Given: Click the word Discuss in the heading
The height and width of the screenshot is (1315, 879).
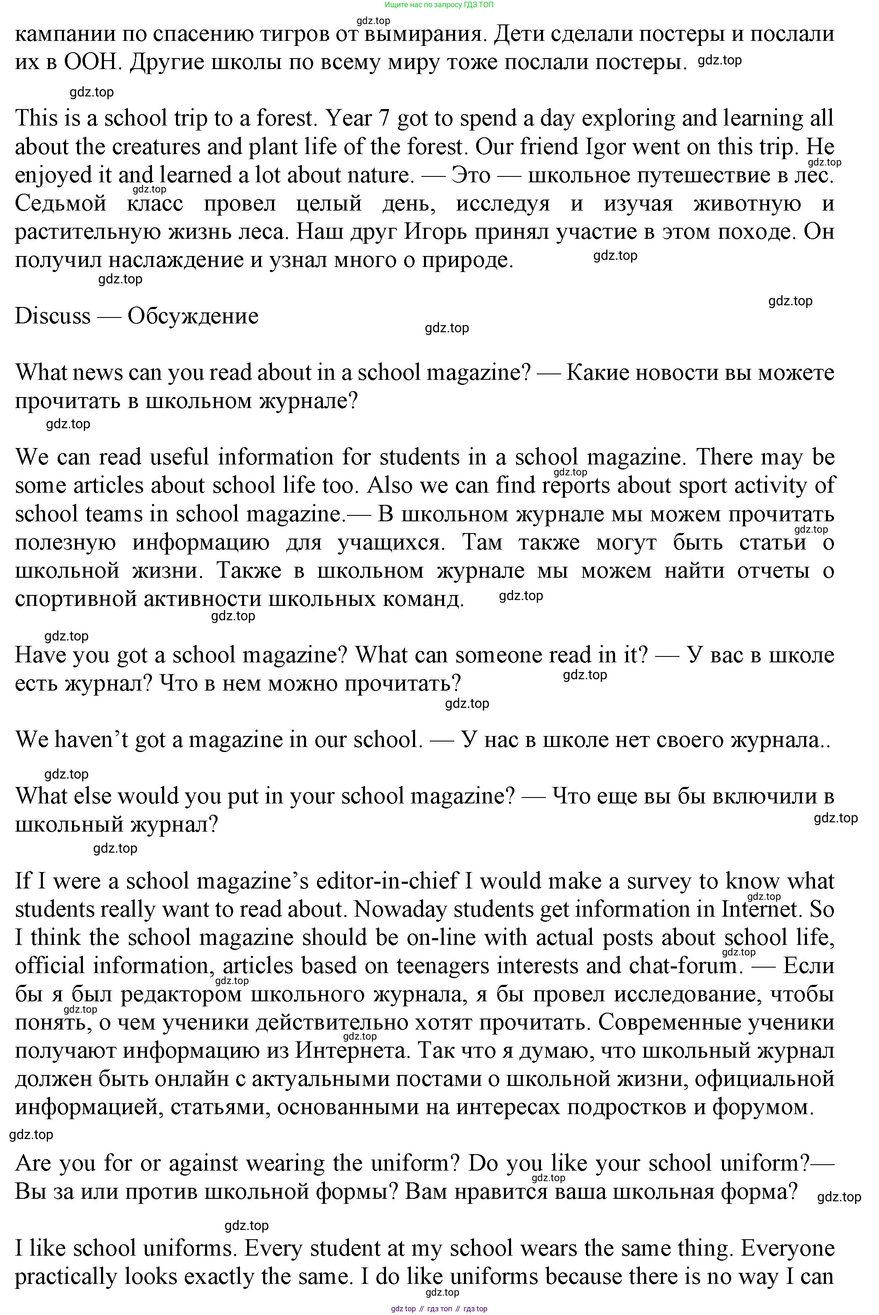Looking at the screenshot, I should [x=52, y=316].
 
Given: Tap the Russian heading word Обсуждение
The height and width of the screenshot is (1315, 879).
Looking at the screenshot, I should [x=193, y=316].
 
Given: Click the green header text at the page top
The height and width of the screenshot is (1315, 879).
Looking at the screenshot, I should [x=439, y=5].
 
